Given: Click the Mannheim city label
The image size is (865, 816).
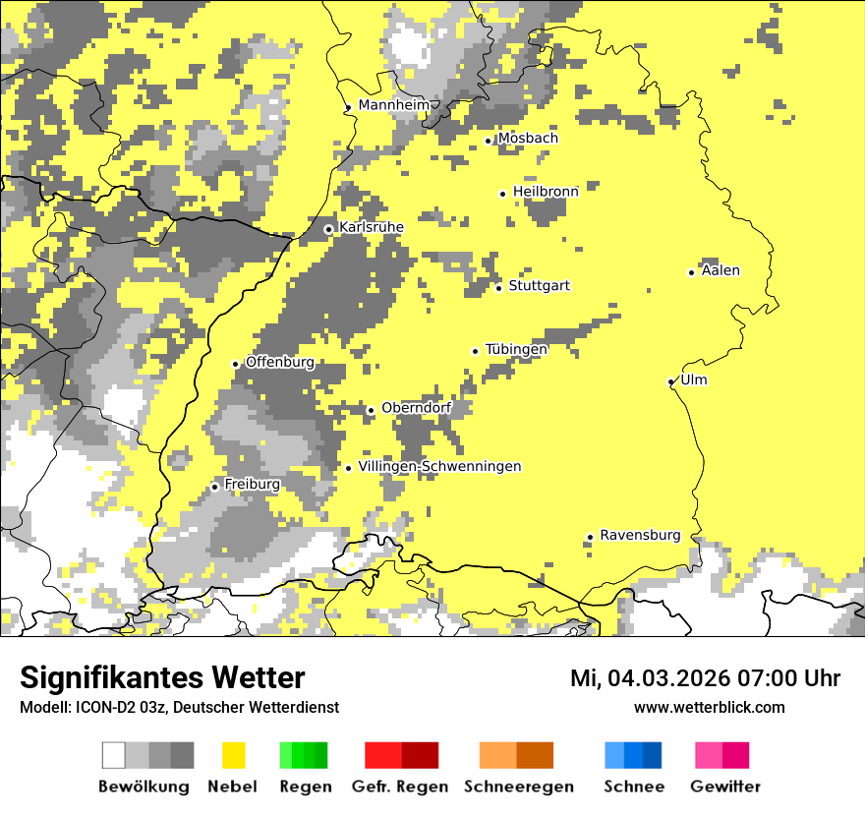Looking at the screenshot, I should pyautogui.click(x=394, y=105).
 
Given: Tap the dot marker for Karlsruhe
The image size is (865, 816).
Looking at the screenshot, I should pyautogui.click(x=328, y=229).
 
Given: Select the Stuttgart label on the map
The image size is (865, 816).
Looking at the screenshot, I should pyautogui.click(x=539, y=286).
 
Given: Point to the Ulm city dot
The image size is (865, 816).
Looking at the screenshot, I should pyautogui.click(x=670, y=381).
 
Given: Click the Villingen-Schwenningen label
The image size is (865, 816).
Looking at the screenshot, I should pyautogui.click(x=439, y=466).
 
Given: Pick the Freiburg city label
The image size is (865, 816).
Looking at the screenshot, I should pyautogui.click(x=252, y=485).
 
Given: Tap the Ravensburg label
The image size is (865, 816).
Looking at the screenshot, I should pyautogui.click(x=640, y=535).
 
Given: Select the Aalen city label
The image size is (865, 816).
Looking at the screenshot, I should pyautogui.click(x=721, y=270).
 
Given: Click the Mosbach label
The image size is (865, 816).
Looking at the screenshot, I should pyautogui.click(x=528, y=139).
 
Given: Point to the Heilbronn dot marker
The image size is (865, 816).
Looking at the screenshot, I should pyautogui.click(x=502, y=194).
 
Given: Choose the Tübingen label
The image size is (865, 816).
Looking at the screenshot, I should pyautogui.click(x=516, y=349).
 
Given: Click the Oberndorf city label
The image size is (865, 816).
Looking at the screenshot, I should pyautogui.click(x=416, y=408).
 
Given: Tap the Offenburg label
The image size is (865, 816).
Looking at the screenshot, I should pyautogui.click(x=280, y=362).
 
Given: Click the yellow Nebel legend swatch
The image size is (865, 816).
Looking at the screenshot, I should pyautogui.click(x=233, y=755).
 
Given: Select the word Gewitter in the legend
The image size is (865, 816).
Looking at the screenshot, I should pyautogui.click(x=725, y=787).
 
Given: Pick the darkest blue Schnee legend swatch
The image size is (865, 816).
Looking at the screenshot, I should pyautogui.click(x=653, y=755).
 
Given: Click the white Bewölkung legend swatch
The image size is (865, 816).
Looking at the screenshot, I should pyautogui.click(x=114, y=755).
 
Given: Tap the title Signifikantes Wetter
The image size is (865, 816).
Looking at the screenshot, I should pyautogui.click(x=162, y=678).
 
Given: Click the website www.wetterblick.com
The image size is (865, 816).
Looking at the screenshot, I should pyautogui.click(x=709, y=707).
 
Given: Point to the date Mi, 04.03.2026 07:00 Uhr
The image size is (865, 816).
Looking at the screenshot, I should pyautogui.click(x=705, y=678).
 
